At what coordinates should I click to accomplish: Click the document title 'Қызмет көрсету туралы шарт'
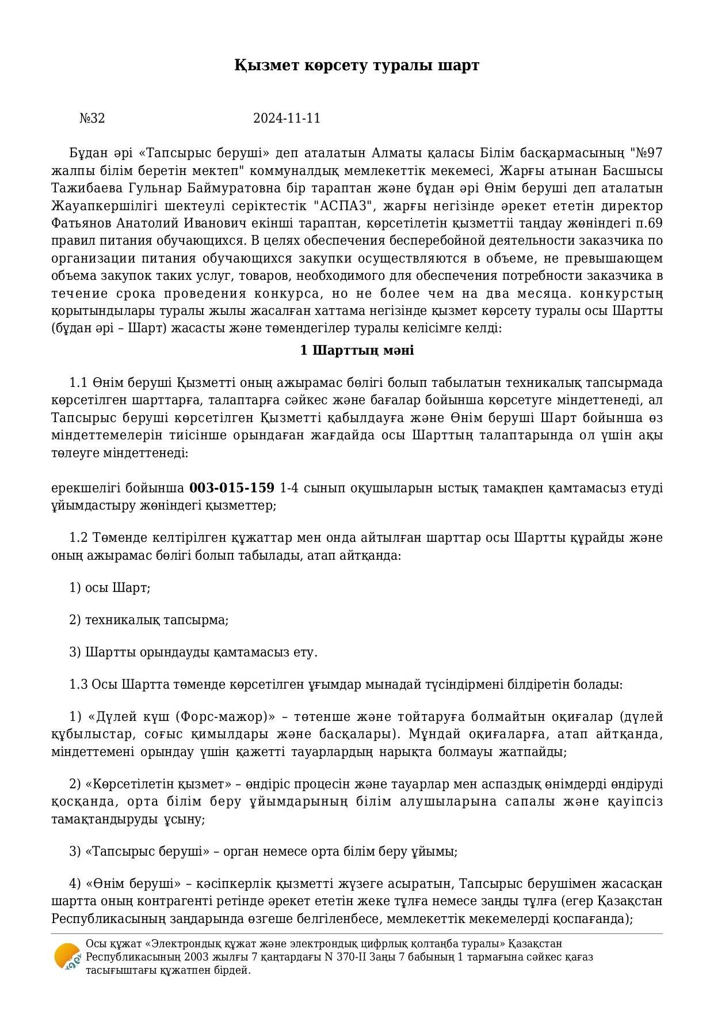point(357,65)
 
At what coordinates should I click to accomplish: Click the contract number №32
point(92,119)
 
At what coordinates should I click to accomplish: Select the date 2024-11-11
point(287,119)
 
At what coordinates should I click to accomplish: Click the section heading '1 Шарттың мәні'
point(357,351)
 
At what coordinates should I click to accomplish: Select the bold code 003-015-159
point(232,488)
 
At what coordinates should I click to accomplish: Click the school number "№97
point(646,153)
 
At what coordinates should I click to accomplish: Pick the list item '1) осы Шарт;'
point(109,588)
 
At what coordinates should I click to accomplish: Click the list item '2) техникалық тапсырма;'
point(148,620)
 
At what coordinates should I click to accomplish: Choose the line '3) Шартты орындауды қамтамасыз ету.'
point(193,652)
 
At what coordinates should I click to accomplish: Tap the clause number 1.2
point(78,538)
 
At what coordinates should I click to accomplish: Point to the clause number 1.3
point(78,685)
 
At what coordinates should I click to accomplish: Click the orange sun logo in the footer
point(67,957)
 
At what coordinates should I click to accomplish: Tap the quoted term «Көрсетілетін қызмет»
point(158,784)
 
